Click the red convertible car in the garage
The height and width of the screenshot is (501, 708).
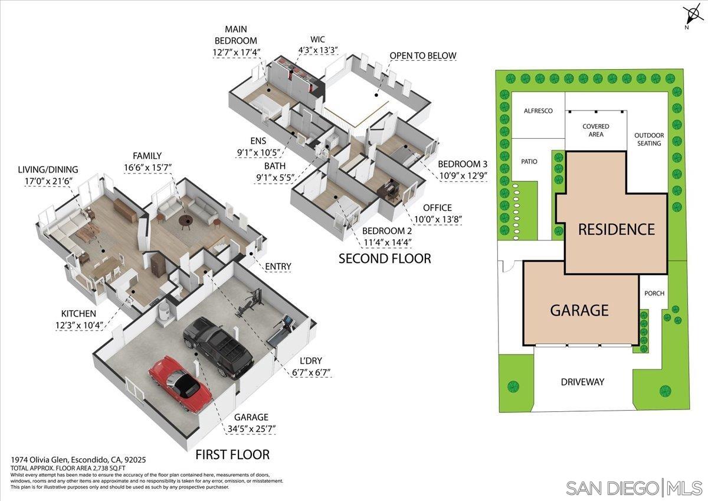179,380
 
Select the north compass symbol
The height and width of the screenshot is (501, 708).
690,15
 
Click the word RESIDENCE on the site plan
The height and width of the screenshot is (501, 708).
617,229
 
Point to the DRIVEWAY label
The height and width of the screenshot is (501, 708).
582,382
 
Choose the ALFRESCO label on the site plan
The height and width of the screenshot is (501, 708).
538,110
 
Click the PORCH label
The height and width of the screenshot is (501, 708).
654,293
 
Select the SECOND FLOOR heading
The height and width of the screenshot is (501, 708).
384,258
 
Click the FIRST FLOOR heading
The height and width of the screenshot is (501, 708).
232,454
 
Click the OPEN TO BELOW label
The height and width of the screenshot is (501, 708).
422,56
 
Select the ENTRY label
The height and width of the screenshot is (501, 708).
278,266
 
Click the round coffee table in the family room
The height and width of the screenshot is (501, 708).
186,221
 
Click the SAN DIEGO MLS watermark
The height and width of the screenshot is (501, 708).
634,488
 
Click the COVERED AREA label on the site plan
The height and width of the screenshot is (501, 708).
595,131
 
